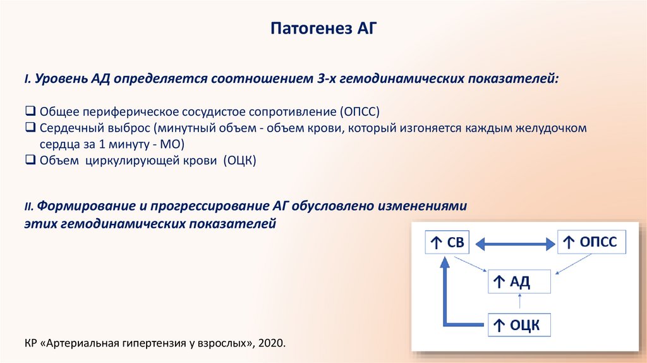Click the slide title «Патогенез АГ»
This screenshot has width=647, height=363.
(x=323, y=29)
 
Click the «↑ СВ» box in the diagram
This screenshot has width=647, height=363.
(x=447, y=242)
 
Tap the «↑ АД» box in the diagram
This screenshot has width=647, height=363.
(x=518, y=281)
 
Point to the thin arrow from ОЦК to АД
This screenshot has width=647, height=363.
(x=518, y=304)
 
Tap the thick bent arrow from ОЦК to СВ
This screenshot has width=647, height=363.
(x=446, y=297)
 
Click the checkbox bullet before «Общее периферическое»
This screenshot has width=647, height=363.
(x=30, y=111)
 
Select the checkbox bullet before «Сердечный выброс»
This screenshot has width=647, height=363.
(x=30, y=128)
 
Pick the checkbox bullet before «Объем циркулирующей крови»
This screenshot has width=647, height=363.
(x=30, y=161)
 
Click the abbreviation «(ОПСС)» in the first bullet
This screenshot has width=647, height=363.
(x=358, y=112)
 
